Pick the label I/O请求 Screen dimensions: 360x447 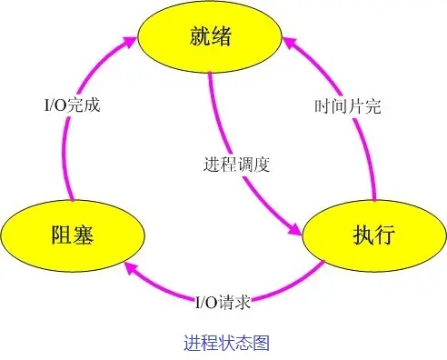point(223,302)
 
